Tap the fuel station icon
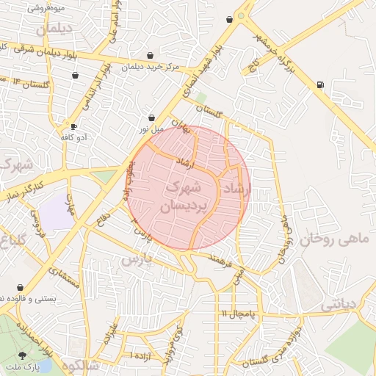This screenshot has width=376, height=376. point(319,85)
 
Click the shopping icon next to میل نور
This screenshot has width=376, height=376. point(151,117)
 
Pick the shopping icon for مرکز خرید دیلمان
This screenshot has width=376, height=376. point(151,56)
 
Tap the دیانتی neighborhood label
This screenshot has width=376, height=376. point(339,303)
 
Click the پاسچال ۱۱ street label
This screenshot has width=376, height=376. point(236,314)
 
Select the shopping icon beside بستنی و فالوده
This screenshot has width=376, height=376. point(19,287)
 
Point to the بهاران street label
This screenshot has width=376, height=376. point(179,126)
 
